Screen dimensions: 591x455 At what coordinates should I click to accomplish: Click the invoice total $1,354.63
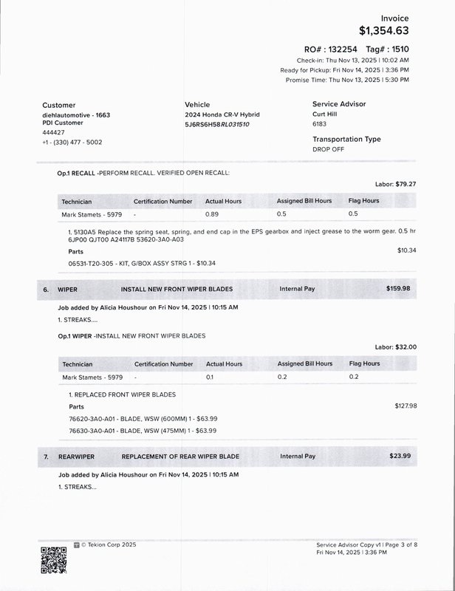383,30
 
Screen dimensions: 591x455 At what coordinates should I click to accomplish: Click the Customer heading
58,105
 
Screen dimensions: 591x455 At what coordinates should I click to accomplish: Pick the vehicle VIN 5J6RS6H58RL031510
217,124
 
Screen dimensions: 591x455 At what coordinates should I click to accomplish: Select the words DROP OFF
328,149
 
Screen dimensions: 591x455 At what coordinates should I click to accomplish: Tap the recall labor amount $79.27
406,184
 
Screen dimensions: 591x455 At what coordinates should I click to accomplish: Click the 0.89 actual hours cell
212,214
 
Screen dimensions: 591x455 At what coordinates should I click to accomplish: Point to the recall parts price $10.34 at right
406,250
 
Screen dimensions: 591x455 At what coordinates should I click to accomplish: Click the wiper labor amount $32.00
406,346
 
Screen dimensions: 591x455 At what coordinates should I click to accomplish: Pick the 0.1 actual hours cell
210,377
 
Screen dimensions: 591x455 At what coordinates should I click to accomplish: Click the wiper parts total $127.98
406,406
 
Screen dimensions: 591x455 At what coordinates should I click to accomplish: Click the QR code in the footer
53,559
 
